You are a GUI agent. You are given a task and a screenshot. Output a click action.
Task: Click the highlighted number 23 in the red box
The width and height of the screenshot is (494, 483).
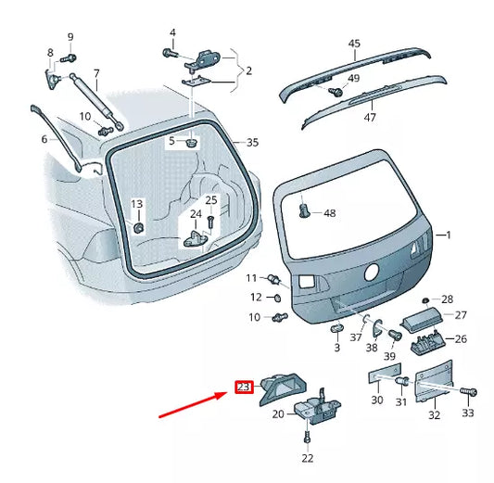pos(244,388)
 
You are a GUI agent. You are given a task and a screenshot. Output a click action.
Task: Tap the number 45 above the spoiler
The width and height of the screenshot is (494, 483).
pos(354,44)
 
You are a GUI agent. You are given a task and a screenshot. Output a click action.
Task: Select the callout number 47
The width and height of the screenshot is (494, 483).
pos(370,119)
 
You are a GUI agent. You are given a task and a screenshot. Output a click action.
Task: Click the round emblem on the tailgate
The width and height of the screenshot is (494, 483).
pos(372,273)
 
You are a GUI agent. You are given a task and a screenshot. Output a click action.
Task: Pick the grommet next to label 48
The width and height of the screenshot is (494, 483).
pos(305,211)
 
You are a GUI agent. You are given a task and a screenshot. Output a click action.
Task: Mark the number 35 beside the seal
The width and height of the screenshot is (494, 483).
pos(252,143)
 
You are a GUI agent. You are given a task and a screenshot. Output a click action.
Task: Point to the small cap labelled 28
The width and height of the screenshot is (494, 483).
pos(424,299)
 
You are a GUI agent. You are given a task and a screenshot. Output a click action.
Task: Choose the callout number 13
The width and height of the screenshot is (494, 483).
pos(136,204)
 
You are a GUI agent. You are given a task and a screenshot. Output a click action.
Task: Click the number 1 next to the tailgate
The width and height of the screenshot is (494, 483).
pos(450,235)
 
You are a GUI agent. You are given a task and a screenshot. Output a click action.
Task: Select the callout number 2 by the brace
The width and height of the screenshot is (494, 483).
pos(248,69)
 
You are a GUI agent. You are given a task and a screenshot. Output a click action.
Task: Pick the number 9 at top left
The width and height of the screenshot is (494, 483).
pos(69,37)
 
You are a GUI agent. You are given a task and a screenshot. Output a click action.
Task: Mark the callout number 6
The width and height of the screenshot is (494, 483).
pos(43,139)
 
